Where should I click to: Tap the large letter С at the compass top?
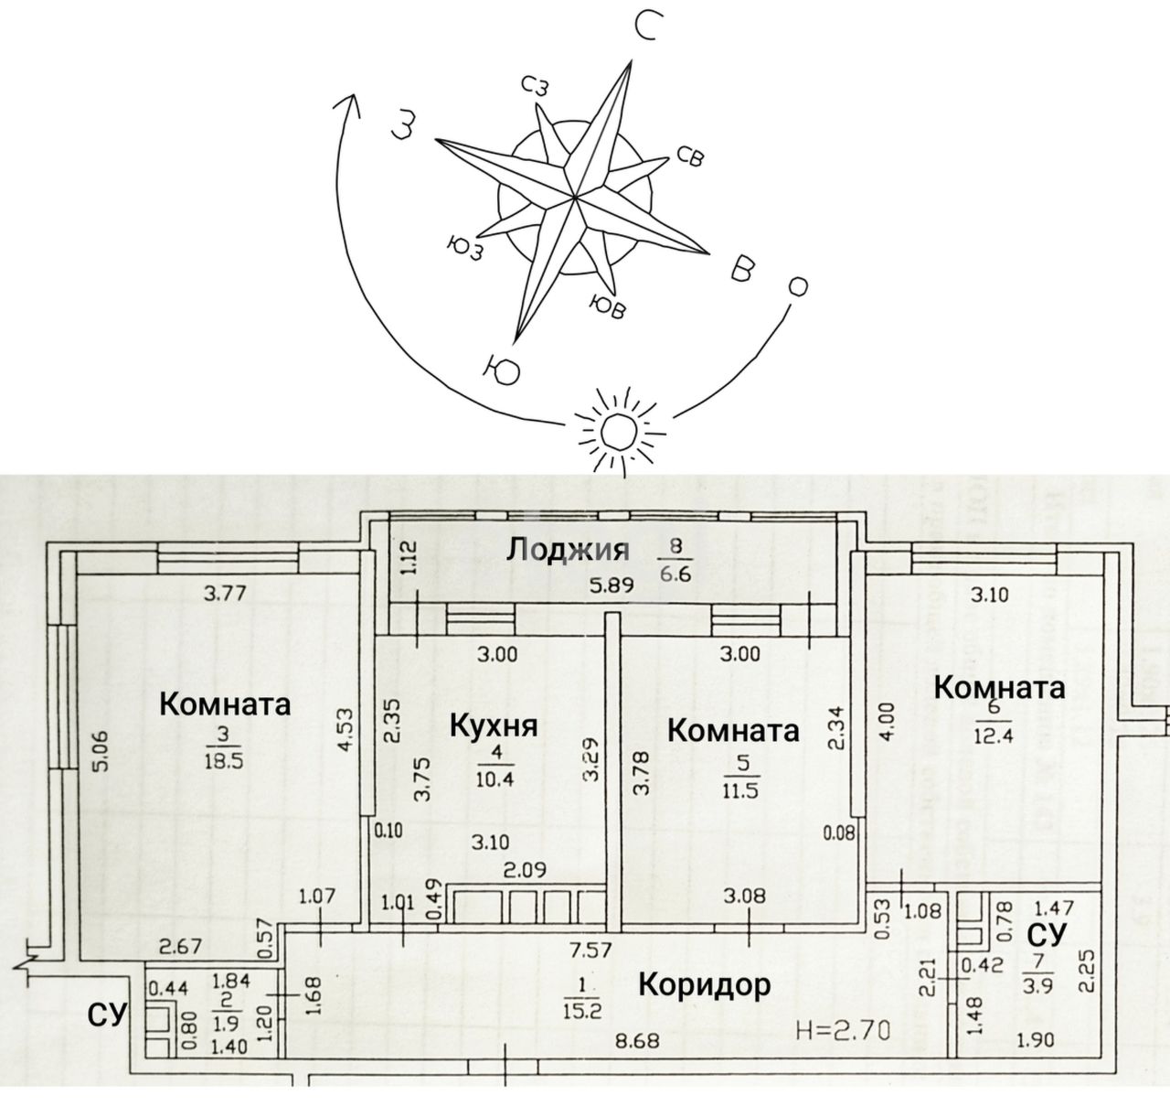pos(644,29)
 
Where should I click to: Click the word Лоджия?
pos(568,549)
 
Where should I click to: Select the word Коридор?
pos(704,985)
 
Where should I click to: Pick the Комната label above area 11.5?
pos(733,730)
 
